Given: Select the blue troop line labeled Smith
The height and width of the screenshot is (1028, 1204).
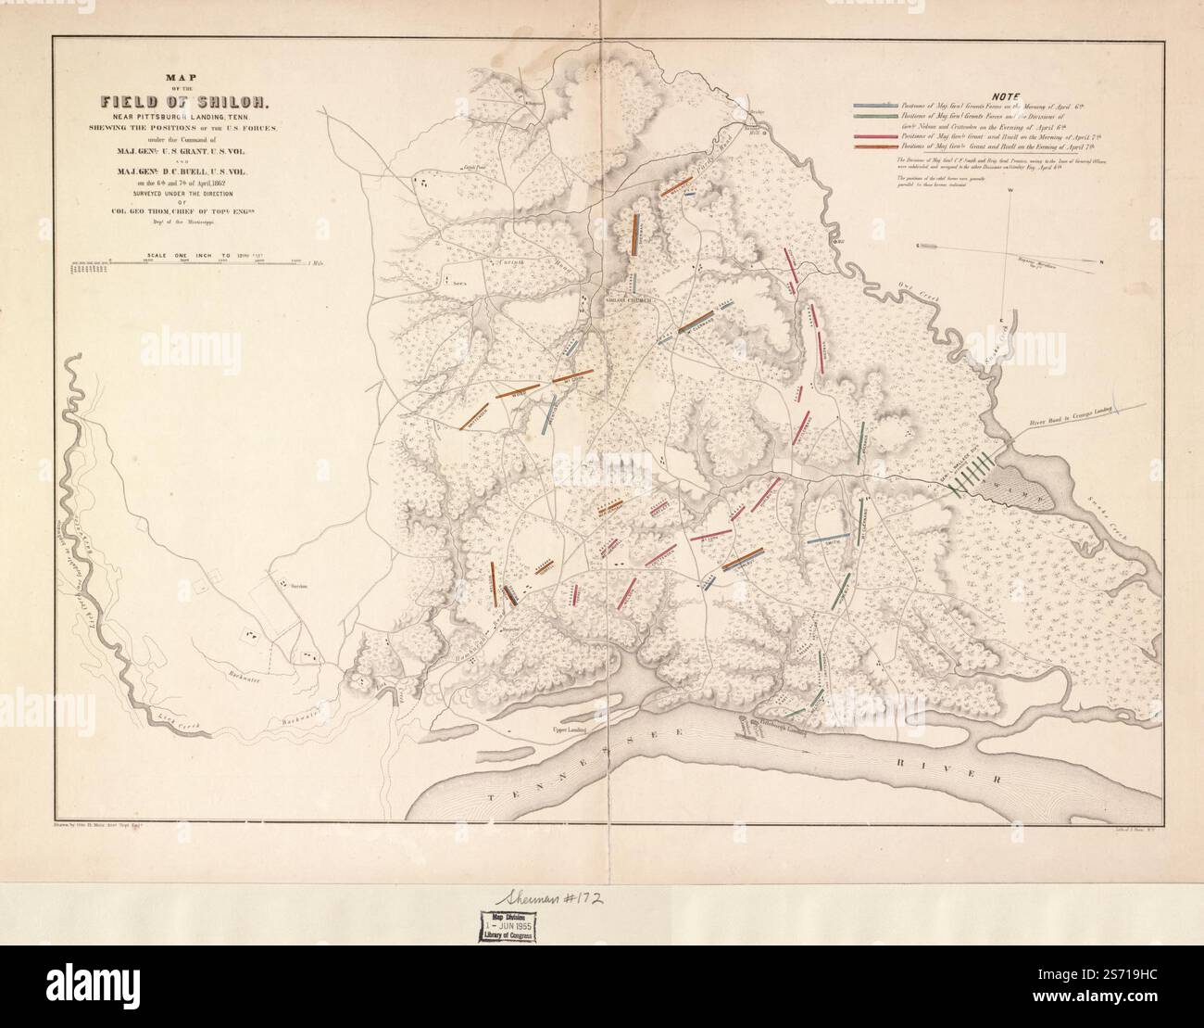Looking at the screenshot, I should (x=830, y=539).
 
